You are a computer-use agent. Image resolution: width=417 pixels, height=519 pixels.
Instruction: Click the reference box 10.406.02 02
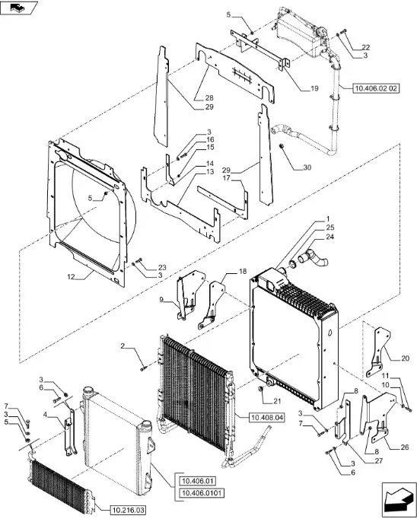[x=376, y=88]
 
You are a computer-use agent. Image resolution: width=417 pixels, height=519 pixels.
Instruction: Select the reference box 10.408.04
[x=267, y=418]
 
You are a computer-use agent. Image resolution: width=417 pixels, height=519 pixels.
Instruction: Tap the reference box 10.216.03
[x=127, y=511]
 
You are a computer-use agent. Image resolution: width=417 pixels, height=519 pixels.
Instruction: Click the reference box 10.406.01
[x=197, y=481]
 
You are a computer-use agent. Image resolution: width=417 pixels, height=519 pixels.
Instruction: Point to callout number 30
[x=307, y=167]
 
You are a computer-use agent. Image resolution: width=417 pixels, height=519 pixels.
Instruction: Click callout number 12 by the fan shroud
[x=72, y=277]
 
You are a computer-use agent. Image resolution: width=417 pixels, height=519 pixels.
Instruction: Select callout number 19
[x=314, y=88]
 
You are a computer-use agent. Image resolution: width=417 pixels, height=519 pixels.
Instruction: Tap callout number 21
[x=277, y=401]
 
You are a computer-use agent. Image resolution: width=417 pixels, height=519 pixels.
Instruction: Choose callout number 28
[x=209, y=97]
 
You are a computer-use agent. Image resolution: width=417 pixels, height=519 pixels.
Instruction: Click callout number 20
[x=405, y=358]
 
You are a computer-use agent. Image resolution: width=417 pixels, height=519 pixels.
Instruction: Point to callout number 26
[x=405, y=447]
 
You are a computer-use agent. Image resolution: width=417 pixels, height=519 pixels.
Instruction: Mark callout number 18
[x=243, y=272]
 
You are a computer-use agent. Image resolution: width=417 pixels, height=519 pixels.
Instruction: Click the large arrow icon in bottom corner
[x=399, y=500]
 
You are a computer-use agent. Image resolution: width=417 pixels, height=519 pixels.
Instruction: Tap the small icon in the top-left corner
[x=19, y=8]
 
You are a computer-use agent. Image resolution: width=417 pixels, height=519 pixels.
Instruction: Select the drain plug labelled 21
[x=260, y=390]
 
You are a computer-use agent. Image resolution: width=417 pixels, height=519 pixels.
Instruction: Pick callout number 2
[x=123, y=346]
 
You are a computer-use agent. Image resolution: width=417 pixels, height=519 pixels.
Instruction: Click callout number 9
[x=161, y=300]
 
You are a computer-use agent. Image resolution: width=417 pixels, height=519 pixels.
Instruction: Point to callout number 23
[x=162, y=267]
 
